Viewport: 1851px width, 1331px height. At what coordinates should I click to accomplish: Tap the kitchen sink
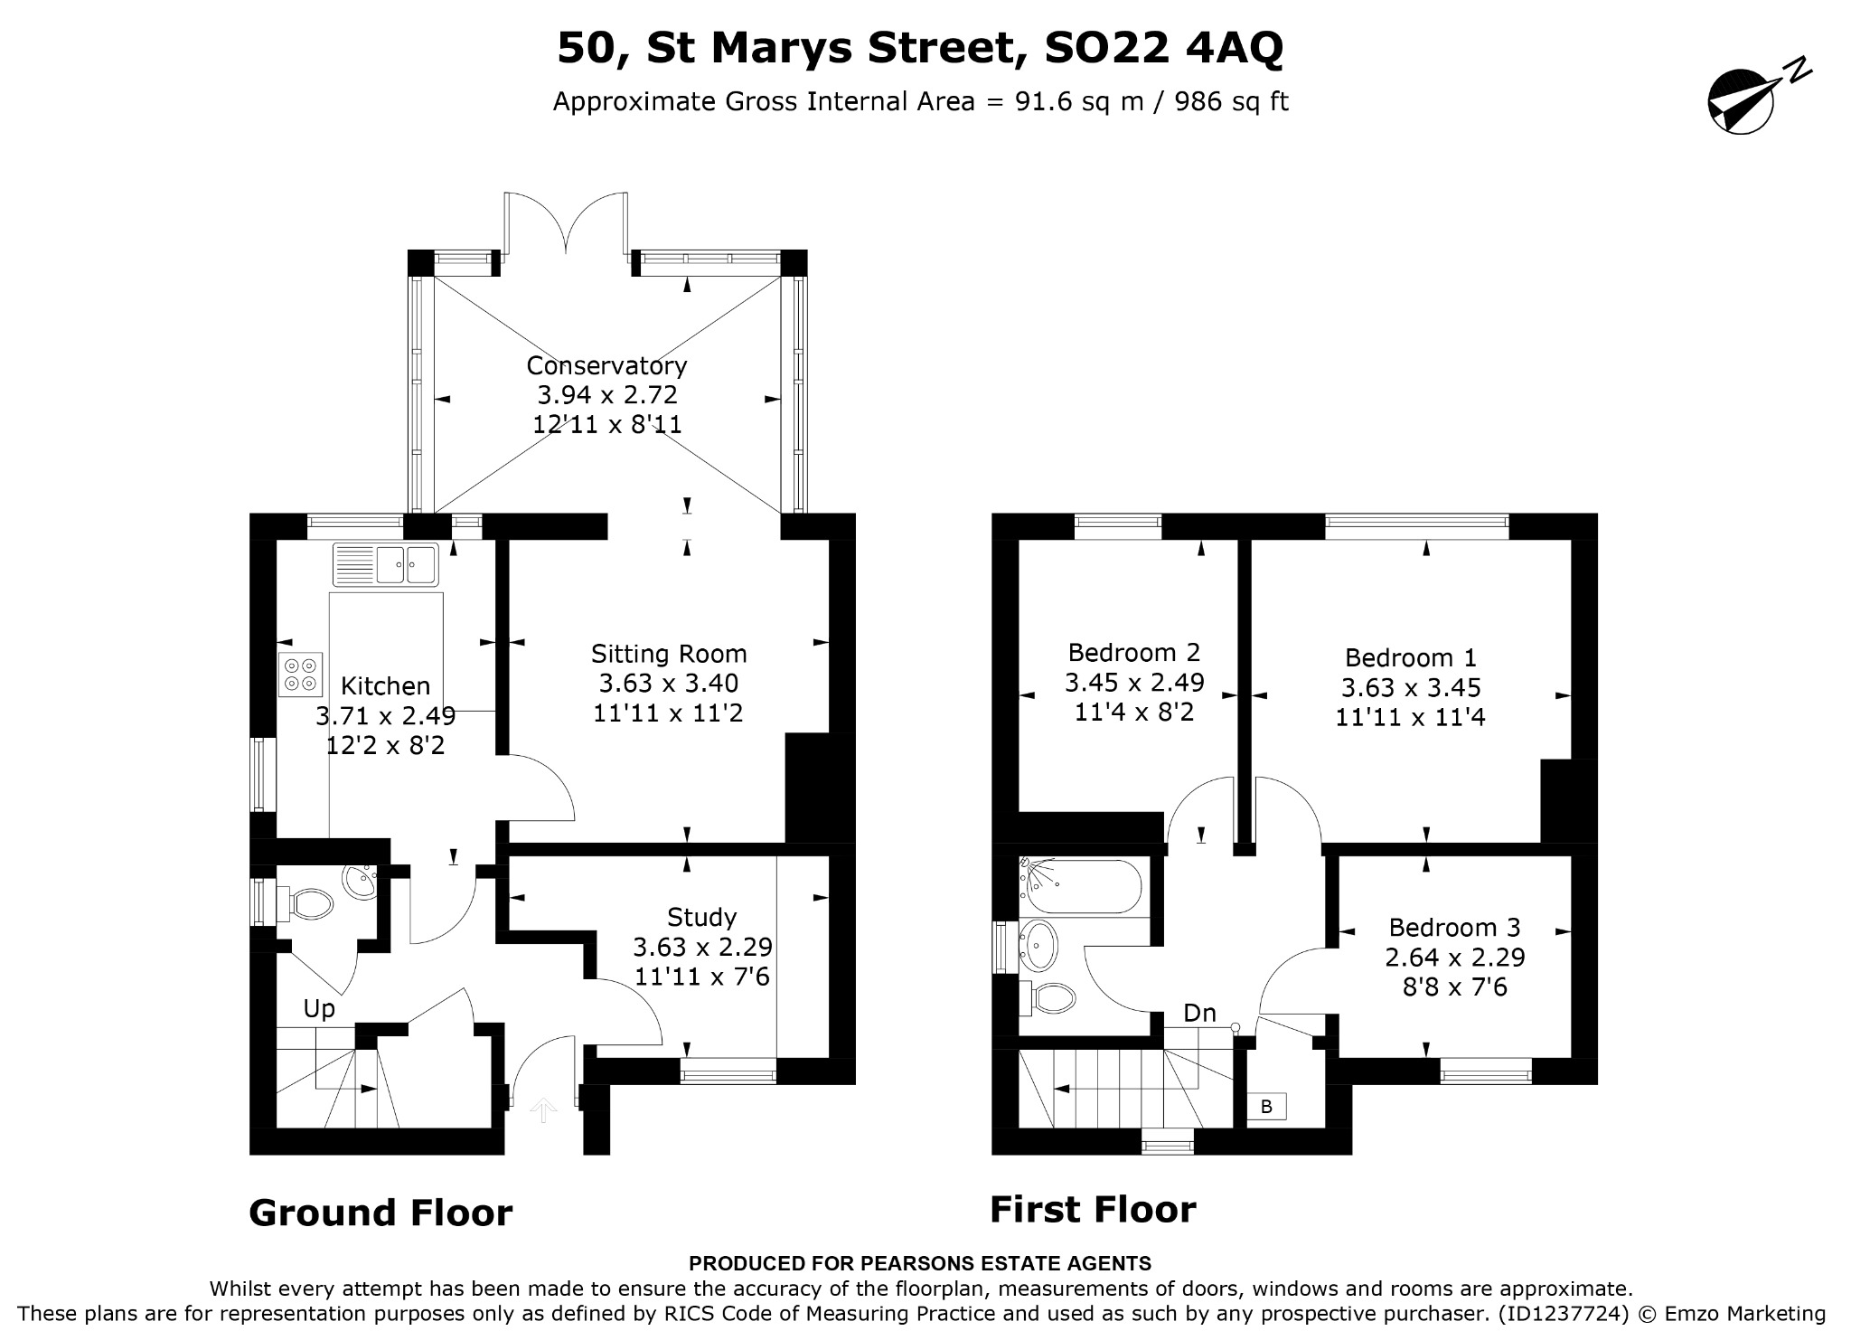pyautogui.click(x=386, y=564)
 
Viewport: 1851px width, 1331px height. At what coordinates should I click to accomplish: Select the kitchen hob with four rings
pyautogui.click(x=301, y=675)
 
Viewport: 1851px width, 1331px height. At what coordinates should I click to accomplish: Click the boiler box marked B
pyautogui.click(x=1266, y=1106)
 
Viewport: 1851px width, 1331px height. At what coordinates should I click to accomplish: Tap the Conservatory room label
pyautogui.click(x=606, y=365)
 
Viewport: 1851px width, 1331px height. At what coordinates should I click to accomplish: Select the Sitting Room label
pyautogui.click(x=669, y=654)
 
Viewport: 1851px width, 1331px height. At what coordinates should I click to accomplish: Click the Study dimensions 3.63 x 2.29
pyautogui.click(x=702, y=947)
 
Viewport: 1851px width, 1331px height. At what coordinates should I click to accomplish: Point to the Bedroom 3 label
pyautogui.click(x=1454, y=928)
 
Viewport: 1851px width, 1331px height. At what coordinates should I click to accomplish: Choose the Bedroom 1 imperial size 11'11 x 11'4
pyautogui.click(x=1410, y=717)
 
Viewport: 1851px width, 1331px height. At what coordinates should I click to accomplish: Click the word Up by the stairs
pyautogui.click(x=319, y=1009)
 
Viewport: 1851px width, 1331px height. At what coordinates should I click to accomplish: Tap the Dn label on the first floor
pyautogui.click(x=1199, y=1014)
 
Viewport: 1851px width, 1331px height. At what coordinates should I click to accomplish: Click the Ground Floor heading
pyautogui.click(x=381, y=1213)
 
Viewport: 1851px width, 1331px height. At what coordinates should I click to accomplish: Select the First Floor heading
pyautogui.click(x=1093, y=1209)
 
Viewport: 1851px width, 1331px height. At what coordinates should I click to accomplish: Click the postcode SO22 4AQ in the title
pyautogui.click(x=1163, y=49)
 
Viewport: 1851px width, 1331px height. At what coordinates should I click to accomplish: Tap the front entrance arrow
pyautogui.click(x=543, y=1110)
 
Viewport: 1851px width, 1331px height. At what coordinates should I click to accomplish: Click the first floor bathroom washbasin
pyautogui.click(x=1039, y=945)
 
